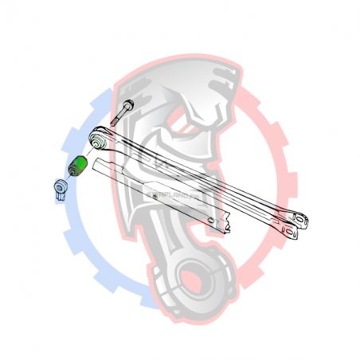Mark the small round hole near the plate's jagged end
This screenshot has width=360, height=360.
pyautogui.click(x=209, y=221)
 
